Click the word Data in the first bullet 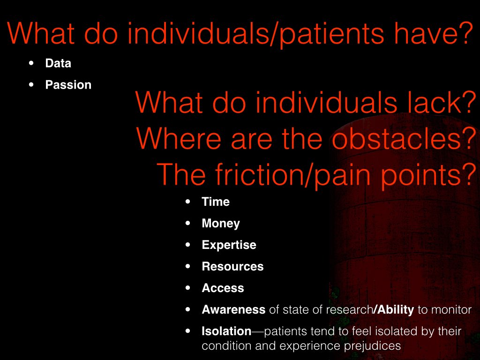[58, 63]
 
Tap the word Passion [68, 85]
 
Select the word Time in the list [216, 202]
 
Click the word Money [221, 224]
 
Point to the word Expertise [229, 245]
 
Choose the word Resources [232, 266]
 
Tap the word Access [223, 288]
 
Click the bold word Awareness [233, 309]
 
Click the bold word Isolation [226, 331]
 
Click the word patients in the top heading [331, 35]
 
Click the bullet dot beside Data [31, 63]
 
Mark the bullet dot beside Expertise [188, 245]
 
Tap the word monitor [451, 310]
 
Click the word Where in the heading [178, 138]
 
